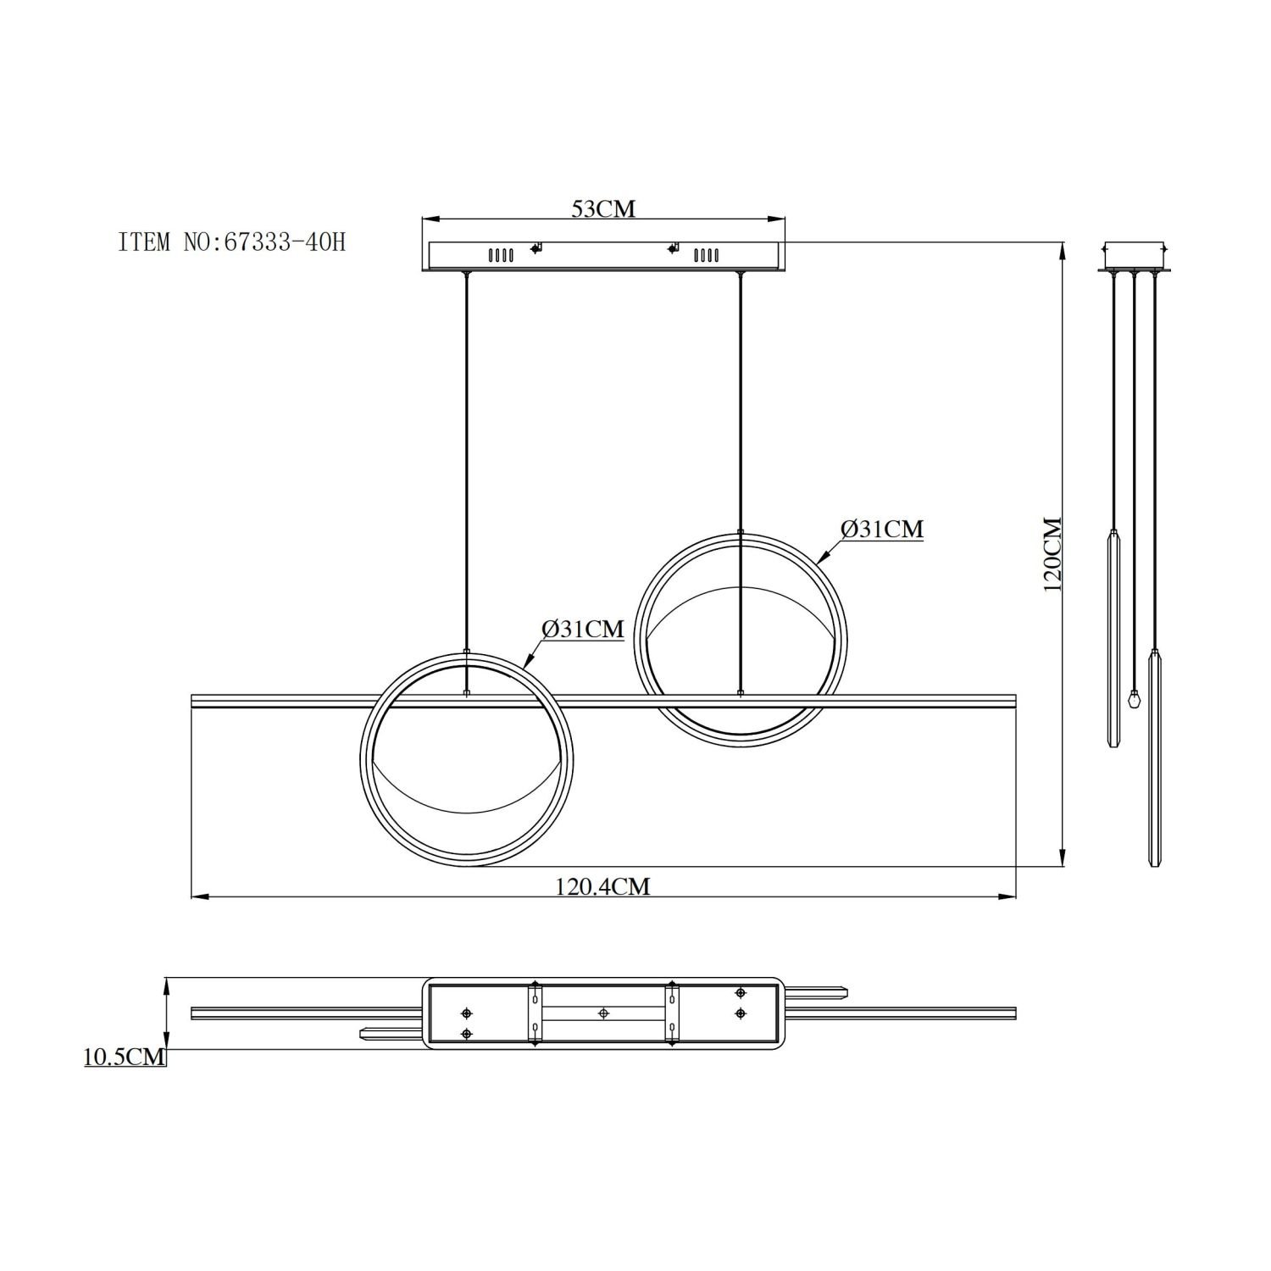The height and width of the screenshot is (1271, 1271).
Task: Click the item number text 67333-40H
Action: (x=284, y=242)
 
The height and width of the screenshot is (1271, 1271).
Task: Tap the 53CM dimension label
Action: (x=603, y=208)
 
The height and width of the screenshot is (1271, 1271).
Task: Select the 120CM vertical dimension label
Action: (x=1052, y=554)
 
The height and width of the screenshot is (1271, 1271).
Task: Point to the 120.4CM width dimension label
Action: (x=602, y=886)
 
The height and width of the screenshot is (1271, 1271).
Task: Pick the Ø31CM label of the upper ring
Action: (x=881, y=529)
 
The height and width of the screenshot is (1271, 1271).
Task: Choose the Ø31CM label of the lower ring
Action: (x=583, y=629)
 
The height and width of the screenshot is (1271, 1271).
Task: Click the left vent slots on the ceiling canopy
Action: (x=499, y=254)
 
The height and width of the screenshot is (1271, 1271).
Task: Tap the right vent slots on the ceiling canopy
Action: (x=706, y=254)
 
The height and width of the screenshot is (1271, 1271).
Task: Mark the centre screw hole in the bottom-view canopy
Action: (x=603, y=1013)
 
